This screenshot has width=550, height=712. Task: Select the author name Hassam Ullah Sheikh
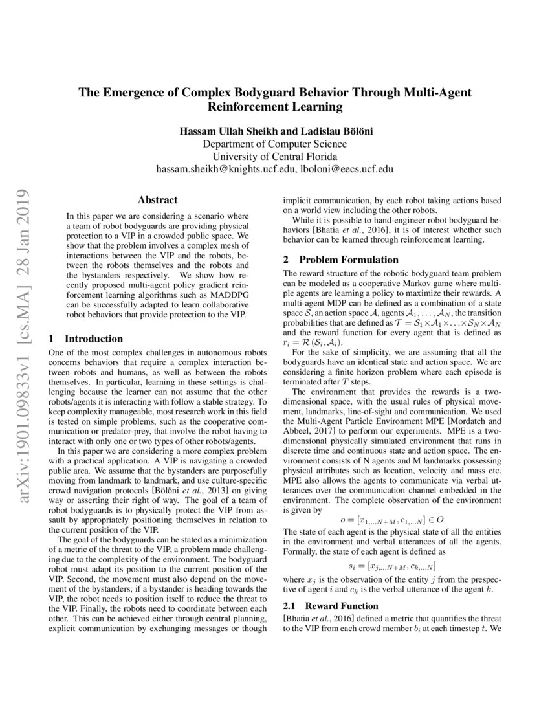(226, 131)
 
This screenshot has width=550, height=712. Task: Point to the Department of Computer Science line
(274, 144)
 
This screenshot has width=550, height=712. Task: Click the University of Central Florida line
(274, 157)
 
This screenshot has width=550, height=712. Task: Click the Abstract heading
(157, 201)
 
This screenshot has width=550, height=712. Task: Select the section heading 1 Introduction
(86, 339)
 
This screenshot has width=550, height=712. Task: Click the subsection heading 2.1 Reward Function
(331, 606)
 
